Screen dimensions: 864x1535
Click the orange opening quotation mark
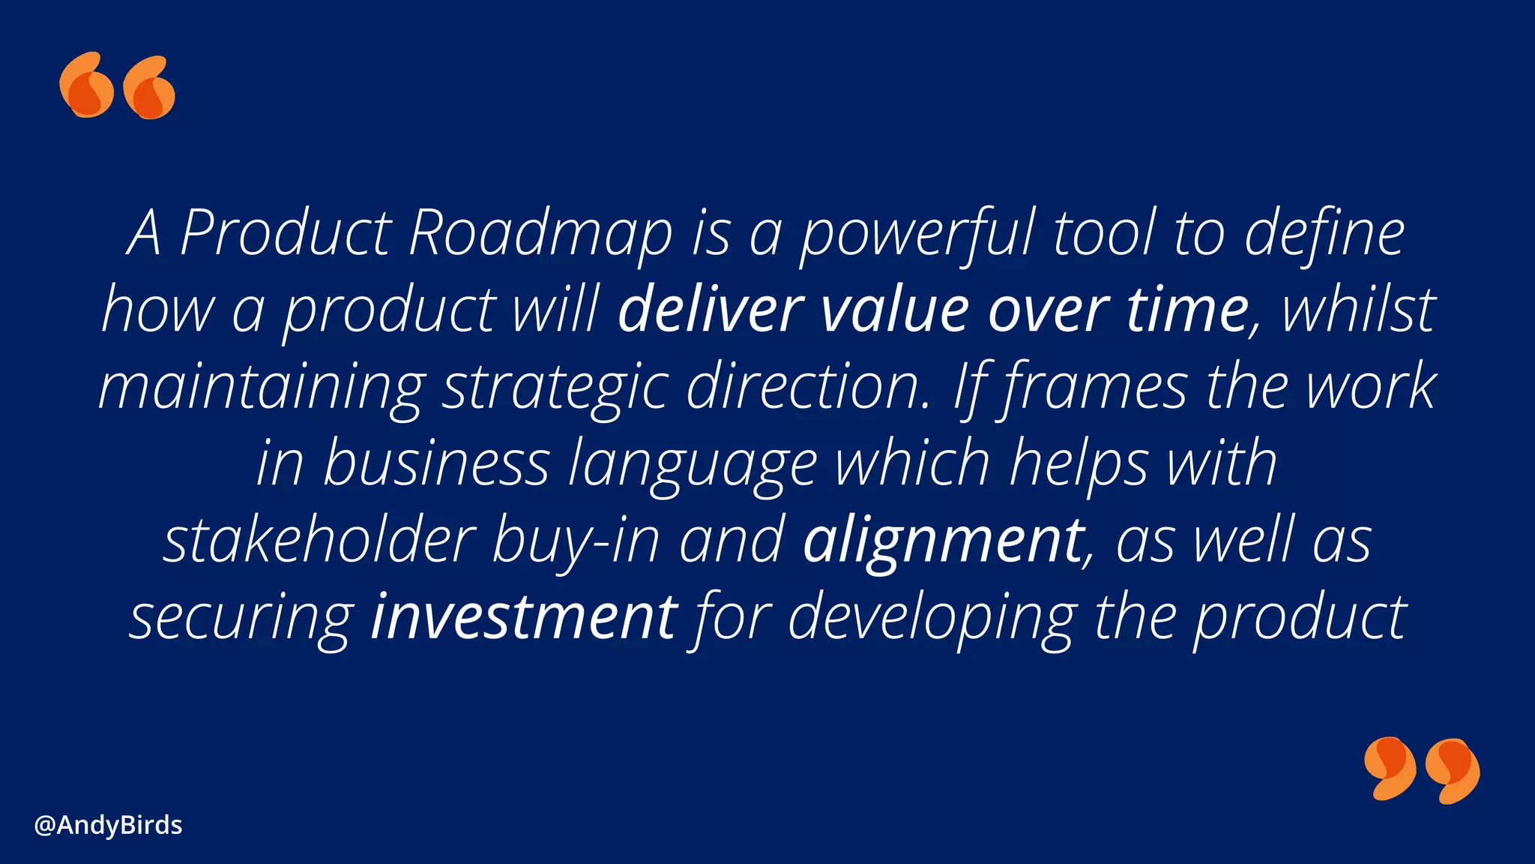coord(118,85)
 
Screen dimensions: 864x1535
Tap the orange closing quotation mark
coord(1421,770)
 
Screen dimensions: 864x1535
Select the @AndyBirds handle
coord(109,825)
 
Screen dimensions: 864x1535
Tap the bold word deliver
coord(710,310)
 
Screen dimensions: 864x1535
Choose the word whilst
coord(1358,310)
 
